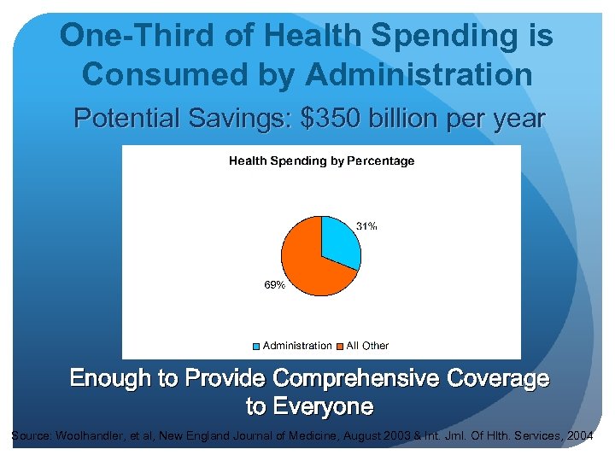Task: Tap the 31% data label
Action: [366, 226]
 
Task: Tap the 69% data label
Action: [274, 285]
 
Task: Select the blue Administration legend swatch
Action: [257, 346]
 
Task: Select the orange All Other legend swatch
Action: [340, 346]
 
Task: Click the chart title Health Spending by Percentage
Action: [321, 160]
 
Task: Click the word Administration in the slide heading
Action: [419, 73]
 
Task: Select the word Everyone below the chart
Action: [322, 406]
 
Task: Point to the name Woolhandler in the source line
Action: [91, 436]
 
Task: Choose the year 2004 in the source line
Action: [579, 436]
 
